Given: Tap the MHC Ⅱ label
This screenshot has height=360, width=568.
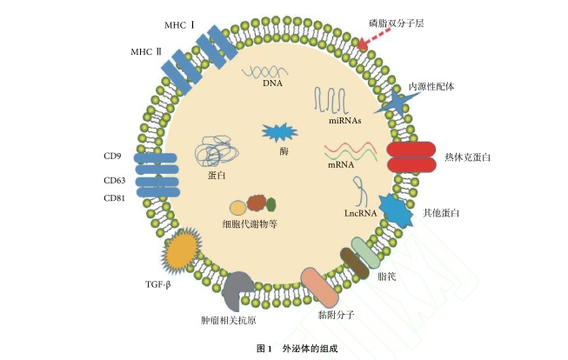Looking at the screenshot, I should tap(146, 52).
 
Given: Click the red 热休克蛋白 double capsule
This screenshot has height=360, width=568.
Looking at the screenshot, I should tap(411, 157).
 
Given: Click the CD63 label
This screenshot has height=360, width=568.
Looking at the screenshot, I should tap(115, 181).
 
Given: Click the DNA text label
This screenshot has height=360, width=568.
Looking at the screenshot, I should tap(272, 83).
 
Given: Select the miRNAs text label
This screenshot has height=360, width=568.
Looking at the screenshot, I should tap(344, 121).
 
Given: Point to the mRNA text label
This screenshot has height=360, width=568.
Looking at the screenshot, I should tap(340, 164).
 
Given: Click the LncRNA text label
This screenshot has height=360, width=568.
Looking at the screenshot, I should tap(358, 211).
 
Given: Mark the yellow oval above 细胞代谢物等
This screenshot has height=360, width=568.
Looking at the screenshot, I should tap(237, 208).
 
